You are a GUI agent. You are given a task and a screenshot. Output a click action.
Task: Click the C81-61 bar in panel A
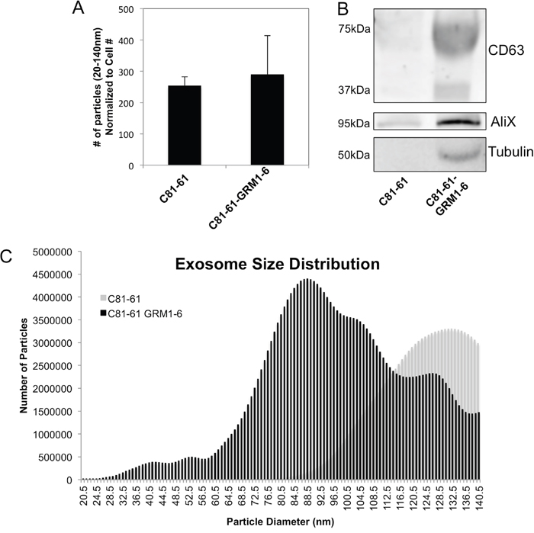point(185,126)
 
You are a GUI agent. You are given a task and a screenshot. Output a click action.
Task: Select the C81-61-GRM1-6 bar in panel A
point(267,120)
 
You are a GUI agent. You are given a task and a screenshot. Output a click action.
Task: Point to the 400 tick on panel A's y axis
point(127,40)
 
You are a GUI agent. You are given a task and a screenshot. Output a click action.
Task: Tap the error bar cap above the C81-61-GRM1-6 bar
point(267,35)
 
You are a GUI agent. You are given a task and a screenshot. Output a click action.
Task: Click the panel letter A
point(78,8)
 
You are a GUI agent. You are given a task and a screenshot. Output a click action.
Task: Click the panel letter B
point(343,9)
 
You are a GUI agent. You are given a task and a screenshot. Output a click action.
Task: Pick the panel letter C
point(6,257)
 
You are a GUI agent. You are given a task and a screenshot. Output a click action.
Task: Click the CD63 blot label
point(506,51)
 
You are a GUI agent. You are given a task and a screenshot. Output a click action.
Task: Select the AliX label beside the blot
point(503,121)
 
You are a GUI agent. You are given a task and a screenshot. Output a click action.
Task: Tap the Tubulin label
point(510,152)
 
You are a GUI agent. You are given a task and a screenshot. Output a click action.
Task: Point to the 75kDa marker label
point(354,29)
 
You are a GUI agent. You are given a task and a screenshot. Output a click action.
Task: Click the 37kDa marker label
point(354,90)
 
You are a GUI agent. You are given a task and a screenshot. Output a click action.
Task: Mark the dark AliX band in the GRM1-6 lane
point(459,122)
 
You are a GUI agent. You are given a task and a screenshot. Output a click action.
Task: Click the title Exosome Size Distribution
point(277,265)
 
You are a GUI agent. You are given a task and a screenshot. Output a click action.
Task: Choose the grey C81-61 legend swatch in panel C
point(104,298)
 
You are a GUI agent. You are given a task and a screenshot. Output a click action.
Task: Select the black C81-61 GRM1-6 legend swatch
point(104,313)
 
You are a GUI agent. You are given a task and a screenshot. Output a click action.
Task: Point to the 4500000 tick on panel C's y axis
point(53,275)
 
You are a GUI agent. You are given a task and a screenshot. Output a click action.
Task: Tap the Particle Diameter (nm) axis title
point(280,522)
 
